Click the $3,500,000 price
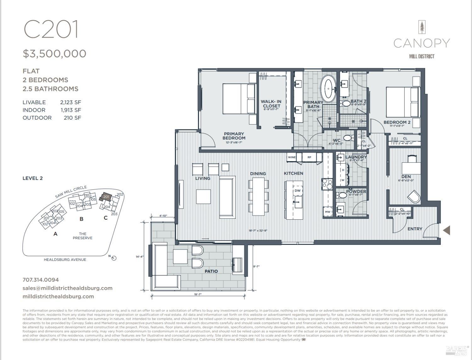54,54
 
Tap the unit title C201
51,29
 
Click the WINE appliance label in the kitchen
292,157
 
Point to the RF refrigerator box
309,157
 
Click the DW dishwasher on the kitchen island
297,191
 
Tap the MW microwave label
328,212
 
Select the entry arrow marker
447,230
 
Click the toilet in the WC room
347,138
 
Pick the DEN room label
406,177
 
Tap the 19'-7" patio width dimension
197,294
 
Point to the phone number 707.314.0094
41,280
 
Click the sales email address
67,288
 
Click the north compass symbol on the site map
114,258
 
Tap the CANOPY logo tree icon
421,27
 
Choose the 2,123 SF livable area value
70,102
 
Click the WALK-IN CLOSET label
271,104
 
